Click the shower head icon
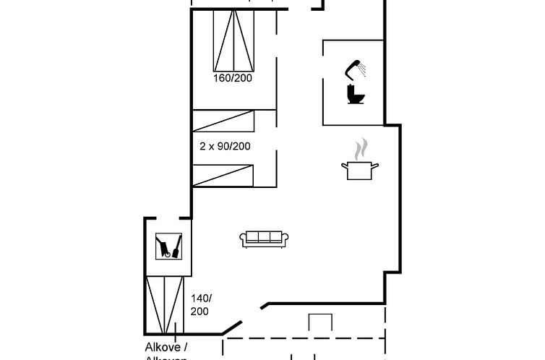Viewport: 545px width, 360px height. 355,69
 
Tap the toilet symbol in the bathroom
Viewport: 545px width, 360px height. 354,94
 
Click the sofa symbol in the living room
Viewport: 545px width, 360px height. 264,238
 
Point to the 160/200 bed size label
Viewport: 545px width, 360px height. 232,78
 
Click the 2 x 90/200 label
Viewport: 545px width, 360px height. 225,146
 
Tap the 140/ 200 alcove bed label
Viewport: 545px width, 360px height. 199,304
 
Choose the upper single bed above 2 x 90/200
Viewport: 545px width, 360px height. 224,121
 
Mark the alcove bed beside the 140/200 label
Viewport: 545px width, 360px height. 165,304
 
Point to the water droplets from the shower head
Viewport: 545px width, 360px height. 363,71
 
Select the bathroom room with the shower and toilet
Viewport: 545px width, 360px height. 352,82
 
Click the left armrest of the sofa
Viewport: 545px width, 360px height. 244,239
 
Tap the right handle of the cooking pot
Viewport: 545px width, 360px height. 376,166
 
